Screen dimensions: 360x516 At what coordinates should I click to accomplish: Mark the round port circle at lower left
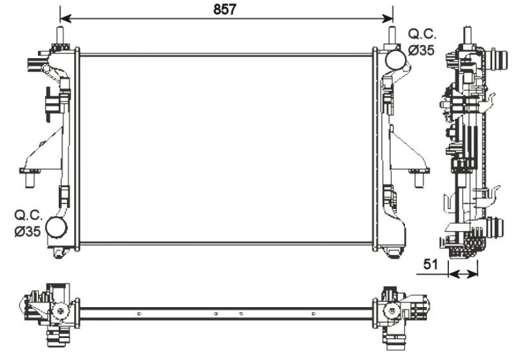coord(57,227)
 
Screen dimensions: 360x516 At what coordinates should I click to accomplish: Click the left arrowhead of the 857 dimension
coord(63,17)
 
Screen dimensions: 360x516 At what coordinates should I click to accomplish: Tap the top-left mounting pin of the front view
coord(60,35)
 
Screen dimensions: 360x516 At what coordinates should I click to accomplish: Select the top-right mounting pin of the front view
coord(392,35)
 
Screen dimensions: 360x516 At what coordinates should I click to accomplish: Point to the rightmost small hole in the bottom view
coord(313,314)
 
